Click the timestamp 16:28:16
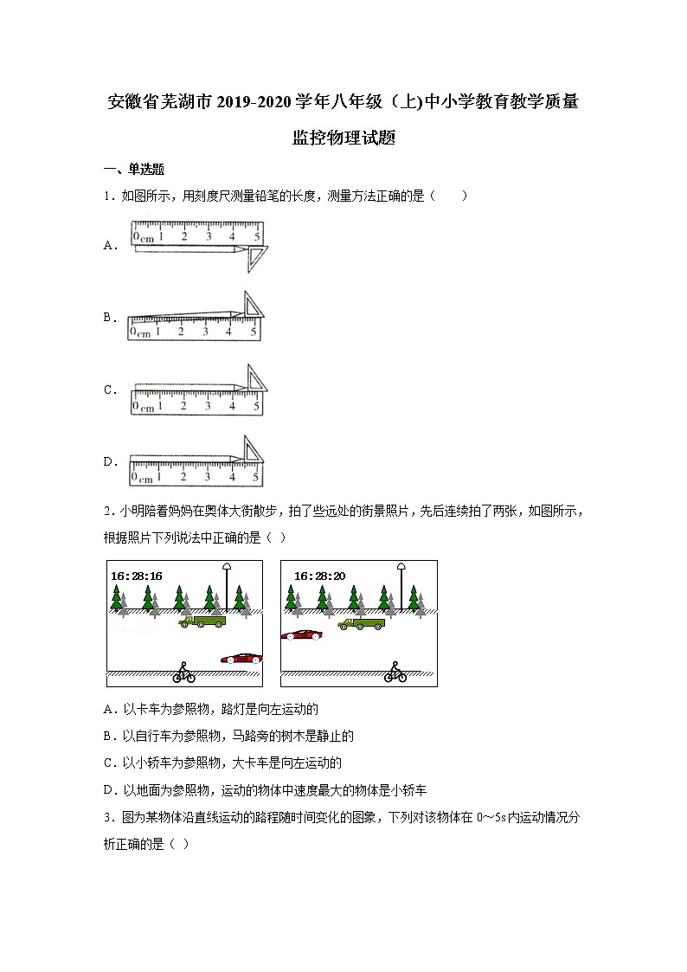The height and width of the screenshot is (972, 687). tap(137, 576)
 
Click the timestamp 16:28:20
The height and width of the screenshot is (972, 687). tap(320, 576)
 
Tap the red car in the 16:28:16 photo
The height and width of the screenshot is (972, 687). tap(241, 659)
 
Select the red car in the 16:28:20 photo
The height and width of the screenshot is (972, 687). tap(301, 635)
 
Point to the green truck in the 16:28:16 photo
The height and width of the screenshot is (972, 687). tap(202, 621)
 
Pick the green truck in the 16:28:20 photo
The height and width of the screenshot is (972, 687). tap(362, 622)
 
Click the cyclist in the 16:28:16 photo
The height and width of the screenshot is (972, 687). tap(183, 673)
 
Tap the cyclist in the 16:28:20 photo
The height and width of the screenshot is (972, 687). tap(395, 673)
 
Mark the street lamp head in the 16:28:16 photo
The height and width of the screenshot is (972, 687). tap(228, 566)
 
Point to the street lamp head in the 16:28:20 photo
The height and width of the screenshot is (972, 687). tap(401, 566)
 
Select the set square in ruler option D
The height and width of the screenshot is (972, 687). tap(252, 451)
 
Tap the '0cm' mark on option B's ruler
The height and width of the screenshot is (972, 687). tap(139, 331)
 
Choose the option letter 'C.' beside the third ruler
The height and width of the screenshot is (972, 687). tap(111, 390)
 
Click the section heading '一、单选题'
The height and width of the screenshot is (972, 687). tap(134, 170)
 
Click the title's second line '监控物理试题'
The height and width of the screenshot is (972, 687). tap(343, 138)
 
